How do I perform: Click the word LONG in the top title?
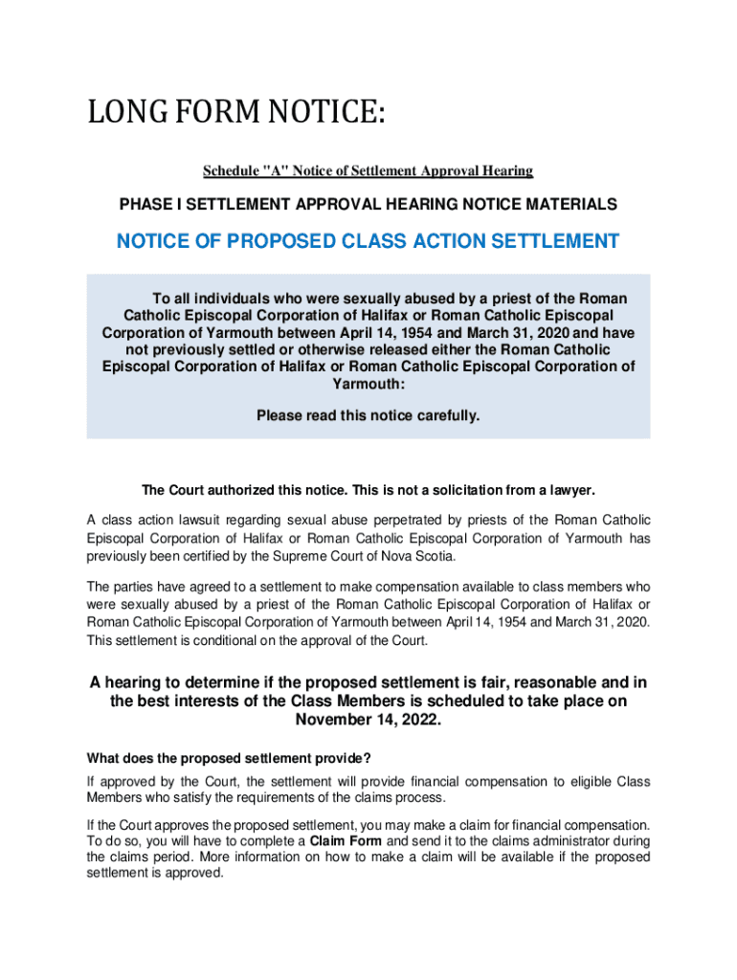(x=124, y=117)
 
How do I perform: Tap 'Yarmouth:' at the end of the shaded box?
(x=368, y=384)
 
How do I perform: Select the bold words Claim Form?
(x=345, y=841)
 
